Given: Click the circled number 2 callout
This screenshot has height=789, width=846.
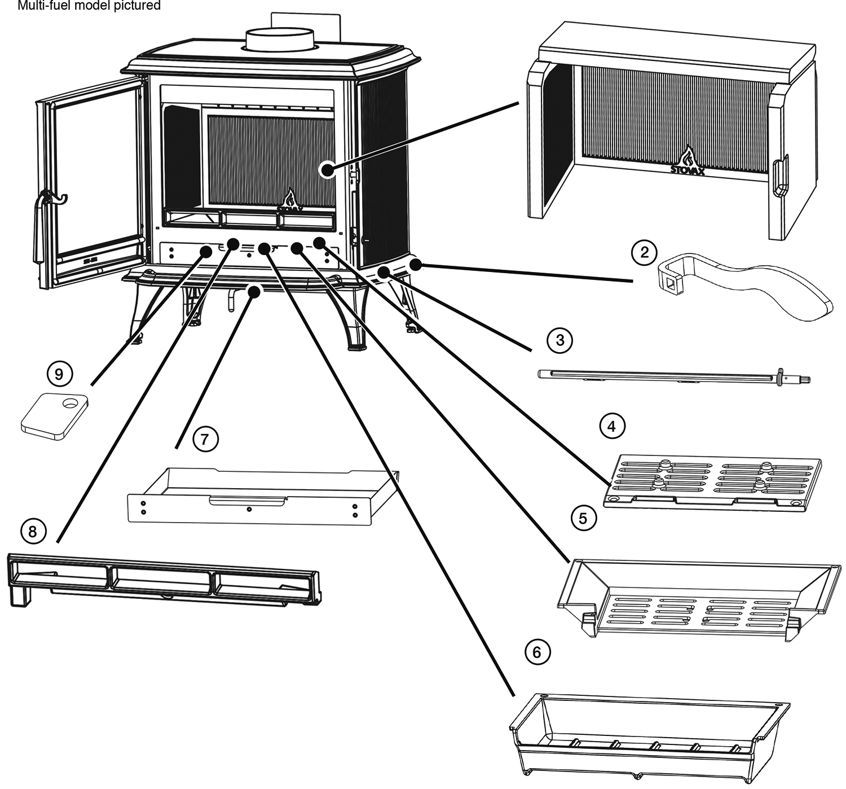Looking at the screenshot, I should click(644, 252).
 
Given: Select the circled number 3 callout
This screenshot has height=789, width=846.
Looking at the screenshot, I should click(559, 339).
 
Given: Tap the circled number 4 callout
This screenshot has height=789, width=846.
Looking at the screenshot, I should click(611, 427).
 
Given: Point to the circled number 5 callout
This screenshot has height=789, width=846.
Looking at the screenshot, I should click(583, 518).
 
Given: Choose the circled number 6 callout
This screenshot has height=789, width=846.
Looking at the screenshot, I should click(536, 652).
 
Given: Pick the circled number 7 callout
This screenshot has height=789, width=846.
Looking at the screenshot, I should click(205, 438).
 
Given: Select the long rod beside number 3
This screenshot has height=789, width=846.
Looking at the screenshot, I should click(671, 375).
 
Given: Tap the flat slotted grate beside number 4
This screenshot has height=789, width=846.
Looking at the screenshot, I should click(712, 480).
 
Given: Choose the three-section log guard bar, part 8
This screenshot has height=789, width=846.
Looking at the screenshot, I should click(164, 581).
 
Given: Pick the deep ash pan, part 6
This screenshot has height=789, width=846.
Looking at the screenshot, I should click(649, 734).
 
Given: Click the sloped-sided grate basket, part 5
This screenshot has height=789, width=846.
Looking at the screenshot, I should click(694, 598).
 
